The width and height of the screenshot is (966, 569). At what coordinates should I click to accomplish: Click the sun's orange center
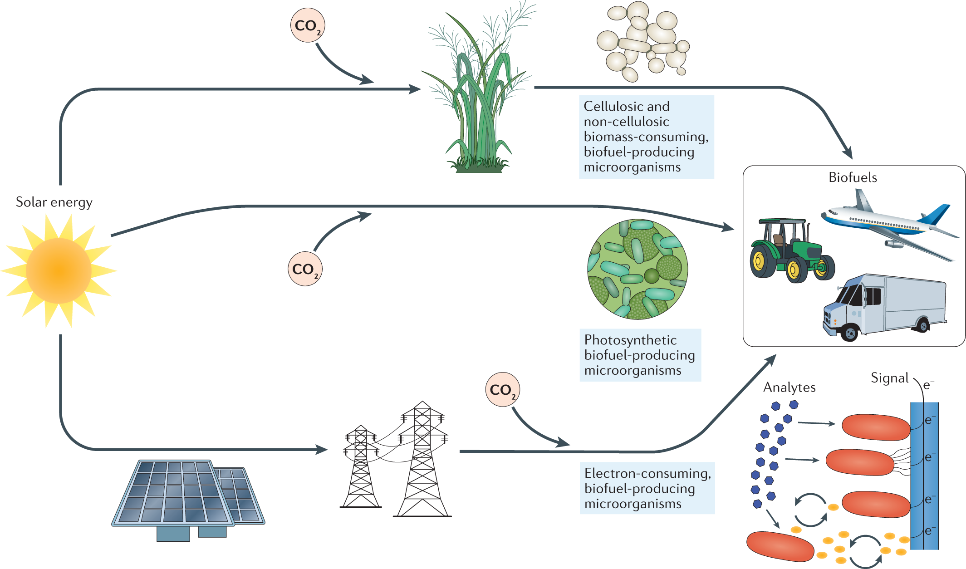59,271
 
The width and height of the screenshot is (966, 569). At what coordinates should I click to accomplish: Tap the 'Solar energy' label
54,202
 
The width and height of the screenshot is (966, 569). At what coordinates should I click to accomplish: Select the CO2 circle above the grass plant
308,25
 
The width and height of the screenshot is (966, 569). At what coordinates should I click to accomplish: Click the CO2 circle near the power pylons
502,389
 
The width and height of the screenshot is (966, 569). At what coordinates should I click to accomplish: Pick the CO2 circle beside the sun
305,269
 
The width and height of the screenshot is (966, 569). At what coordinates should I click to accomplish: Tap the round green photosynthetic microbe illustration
637,269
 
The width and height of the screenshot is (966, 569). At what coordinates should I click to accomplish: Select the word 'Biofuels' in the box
853,177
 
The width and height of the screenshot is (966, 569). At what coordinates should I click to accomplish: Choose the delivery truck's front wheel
850,334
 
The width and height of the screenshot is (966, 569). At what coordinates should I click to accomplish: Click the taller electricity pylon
422,458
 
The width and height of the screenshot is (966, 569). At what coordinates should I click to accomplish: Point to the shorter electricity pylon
361,467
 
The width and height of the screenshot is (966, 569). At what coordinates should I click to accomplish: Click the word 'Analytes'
789,388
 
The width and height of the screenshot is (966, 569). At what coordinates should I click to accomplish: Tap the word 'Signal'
889,378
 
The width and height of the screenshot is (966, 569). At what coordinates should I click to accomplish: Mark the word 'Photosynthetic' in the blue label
630,340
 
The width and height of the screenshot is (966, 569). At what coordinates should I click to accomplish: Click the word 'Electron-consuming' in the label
647,473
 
